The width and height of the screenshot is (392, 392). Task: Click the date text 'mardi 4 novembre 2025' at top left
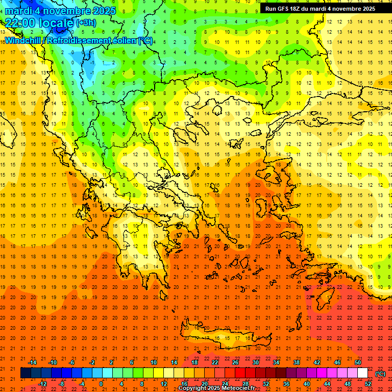61,11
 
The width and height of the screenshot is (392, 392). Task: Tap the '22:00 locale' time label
38,23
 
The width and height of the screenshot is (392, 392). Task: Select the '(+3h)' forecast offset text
85,23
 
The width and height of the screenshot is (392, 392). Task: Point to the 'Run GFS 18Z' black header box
320,9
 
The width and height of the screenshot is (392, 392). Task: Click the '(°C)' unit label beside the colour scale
380,374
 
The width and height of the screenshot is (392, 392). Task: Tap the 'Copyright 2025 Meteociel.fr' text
216,388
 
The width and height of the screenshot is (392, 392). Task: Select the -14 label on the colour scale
32,362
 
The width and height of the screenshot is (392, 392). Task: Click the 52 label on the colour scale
368,384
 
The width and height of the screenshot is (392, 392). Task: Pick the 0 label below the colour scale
101,384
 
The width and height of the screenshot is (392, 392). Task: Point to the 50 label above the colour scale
358,362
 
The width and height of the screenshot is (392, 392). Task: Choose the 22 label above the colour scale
215,362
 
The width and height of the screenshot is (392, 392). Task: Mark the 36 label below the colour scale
286,384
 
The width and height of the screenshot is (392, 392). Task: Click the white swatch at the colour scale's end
363,373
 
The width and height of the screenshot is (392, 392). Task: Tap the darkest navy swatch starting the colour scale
26,373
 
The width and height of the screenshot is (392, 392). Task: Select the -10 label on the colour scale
53,362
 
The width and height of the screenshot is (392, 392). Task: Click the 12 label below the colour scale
164,384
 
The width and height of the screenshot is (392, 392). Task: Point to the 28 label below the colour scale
246,384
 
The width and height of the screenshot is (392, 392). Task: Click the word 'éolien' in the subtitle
125,40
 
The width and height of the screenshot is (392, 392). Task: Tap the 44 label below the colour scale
327,384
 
